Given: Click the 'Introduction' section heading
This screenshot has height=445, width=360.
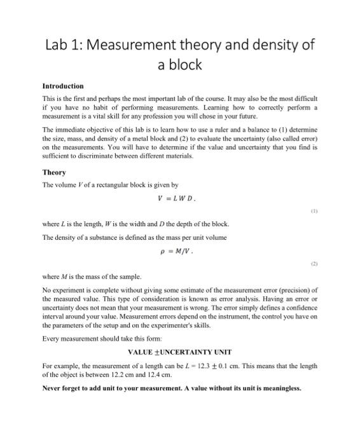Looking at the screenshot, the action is tap(63, 86).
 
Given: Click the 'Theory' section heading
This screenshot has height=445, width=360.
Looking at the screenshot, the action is tap(53, 172).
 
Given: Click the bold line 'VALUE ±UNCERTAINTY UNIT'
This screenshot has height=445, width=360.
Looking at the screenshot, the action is tap(179, 352).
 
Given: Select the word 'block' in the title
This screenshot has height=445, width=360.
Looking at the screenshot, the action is tap(186, 64).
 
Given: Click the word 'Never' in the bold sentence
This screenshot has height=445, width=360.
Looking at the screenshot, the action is tap(53, 388).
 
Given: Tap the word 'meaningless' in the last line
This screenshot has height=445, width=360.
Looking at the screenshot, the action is tap(275, 388).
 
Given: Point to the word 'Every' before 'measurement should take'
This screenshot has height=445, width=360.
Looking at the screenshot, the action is tap(52, 339).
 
